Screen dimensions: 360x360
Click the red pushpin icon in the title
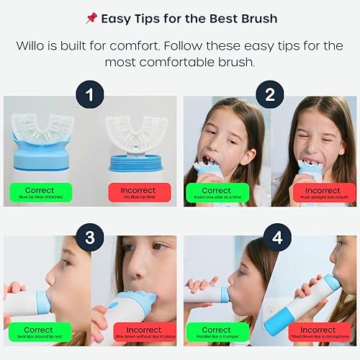coord(90,18)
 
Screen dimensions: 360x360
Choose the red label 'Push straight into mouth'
coord(314,192)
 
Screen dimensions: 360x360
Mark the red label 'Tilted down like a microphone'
coord(314,333)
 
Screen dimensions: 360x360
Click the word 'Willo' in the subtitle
coord(34,46)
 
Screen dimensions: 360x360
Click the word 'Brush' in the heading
coord(256,18)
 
